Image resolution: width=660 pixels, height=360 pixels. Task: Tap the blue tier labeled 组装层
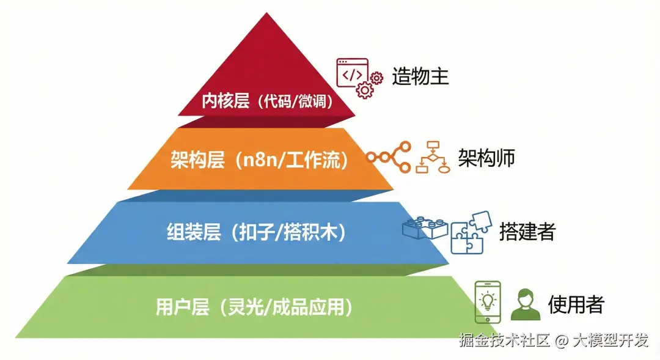pyautogui.click(x=257, y=233)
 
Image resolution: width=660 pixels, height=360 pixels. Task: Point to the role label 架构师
pyautogui.click(x=486, y=157)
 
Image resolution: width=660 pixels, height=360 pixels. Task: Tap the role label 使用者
pyautogui.click(x=576, y=304)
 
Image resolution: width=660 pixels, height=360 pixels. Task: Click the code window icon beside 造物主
pyautogui.click(x=351, y=74)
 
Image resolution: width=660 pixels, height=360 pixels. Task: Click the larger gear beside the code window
pyautogui.click(x=365, y=90)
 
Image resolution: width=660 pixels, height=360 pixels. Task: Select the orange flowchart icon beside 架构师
pyautogui.click(x=433, y=158)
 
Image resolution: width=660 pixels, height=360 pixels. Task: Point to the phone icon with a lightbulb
pyautogui.click(x=488, y=301)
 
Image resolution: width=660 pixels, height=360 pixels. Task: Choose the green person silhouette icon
pyautogui.click(x=526, y=304)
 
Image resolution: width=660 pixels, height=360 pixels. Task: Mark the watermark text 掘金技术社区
pyautogui.click(x=505, y=340)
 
